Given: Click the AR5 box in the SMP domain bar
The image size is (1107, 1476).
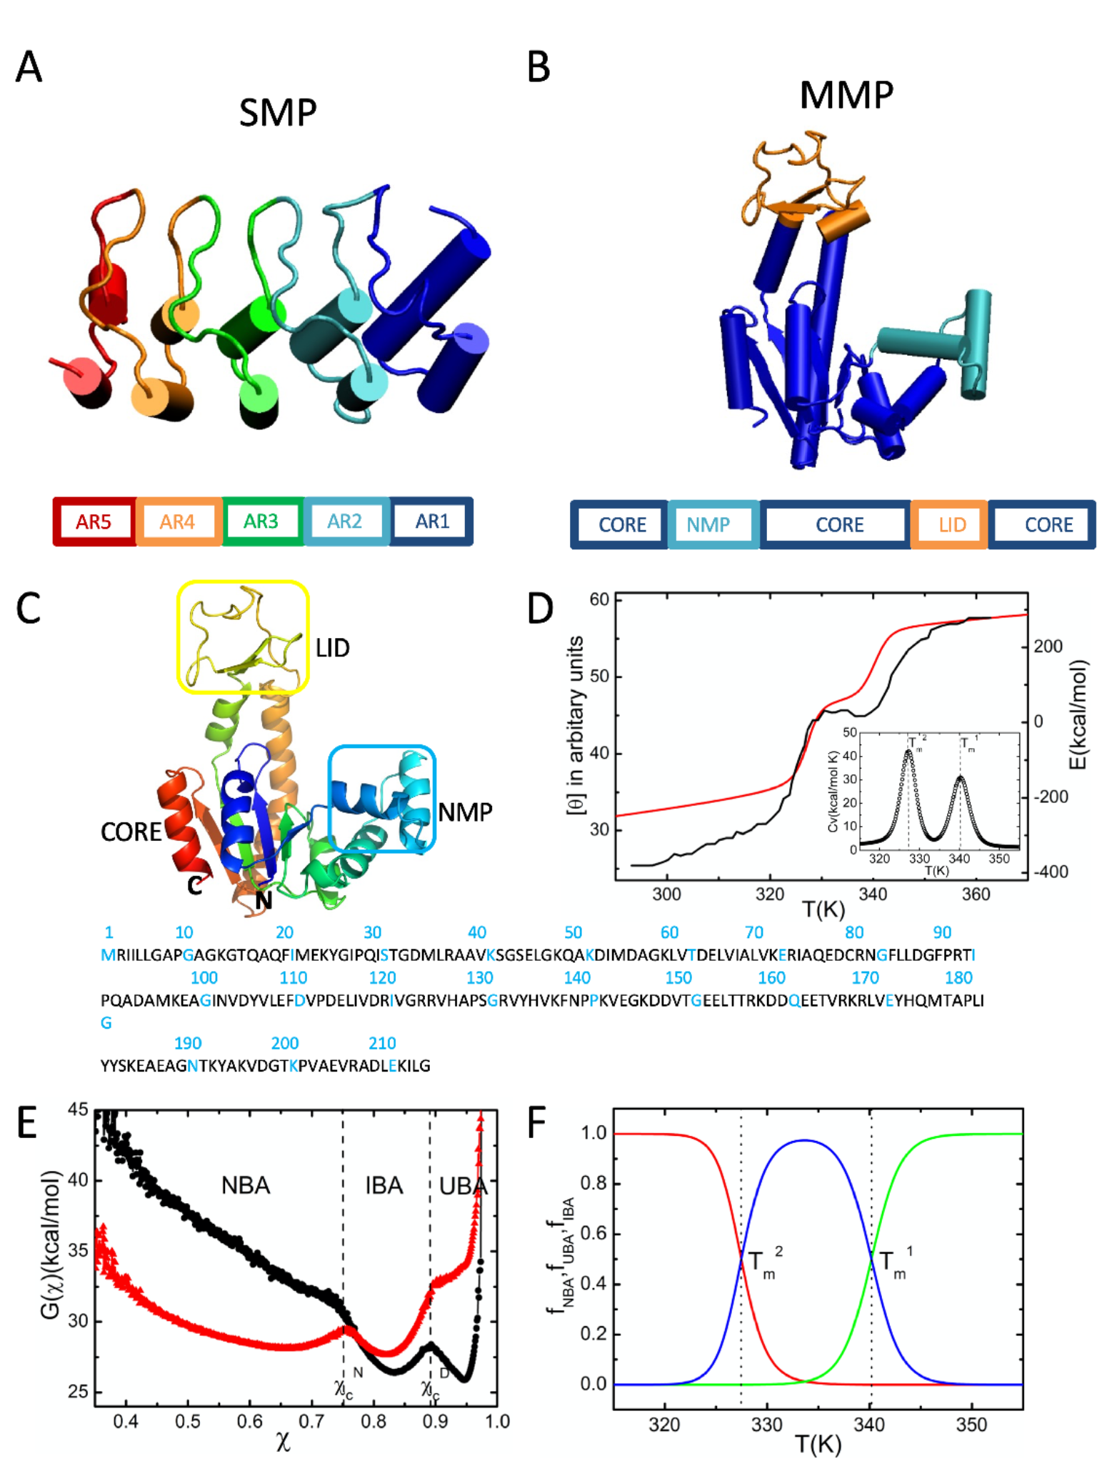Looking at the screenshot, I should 94,522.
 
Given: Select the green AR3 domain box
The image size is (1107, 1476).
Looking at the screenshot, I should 261,522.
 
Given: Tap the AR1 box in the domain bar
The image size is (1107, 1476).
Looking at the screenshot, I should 431,522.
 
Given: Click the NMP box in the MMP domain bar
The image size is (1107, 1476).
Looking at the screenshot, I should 708,525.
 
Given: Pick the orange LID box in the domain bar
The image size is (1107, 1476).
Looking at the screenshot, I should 951,525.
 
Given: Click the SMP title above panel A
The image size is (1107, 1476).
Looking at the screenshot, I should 278,113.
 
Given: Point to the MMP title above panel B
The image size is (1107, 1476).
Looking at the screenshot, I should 846,95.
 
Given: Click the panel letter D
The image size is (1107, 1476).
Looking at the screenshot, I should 540,609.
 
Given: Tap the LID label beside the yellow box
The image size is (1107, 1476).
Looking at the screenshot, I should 333,648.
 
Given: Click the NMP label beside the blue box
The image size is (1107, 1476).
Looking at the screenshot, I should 465,812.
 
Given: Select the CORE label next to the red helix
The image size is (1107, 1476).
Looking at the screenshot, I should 131,832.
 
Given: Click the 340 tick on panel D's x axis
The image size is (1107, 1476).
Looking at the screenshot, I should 872,894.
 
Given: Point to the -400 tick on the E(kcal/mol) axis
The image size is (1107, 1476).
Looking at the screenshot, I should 1048,872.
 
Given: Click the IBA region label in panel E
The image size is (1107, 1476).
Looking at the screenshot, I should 384,1185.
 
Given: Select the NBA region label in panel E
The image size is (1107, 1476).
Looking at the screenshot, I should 246,1185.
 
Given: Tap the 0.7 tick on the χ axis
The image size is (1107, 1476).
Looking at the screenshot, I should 311,1422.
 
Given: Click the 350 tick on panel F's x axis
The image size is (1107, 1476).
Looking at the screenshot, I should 971,1425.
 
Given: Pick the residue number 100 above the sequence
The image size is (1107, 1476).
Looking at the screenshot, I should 204,977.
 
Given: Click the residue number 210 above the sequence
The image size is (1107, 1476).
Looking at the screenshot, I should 382,1043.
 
